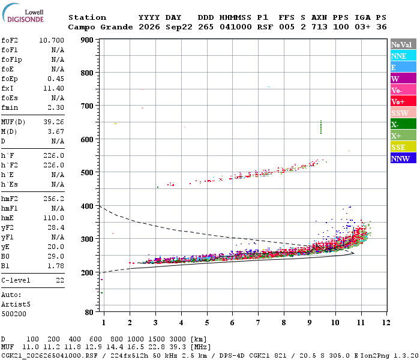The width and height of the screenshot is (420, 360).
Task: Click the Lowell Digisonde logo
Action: tap(23, 13)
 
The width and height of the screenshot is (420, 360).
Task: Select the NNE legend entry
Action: tap(403, 55)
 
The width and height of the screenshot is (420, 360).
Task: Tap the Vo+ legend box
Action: tap(403, 101)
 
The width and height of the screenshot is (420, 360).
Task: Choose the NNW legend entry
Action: tap(403, 158)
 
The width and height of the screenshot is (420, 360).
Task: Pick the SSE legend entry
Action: tap(403, 147)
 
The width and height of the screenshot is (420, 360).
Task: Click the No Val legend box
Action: tap(403, 44)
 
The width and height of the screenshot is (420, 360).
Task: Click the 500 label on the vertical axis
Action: tap(87, 173)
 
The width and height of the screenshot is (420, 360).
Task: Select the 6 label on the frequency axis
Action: tap(232, 323)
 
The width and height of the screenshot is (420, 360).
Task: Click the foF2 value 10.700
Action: tap(52, 40)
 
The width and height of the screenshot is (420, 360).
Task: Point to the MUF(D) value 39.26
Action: tap(53, 122)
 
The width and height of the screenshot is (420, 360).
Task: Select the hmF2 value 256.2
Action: tap(53, 199)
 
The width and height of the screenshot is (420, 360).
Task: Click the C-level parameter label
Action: tap(16, 280)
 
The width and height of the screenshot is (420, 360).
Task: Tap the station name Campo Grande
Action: tap(100, 27)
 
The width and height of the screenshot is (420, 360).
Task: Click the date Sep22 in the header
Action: tap(179, 27)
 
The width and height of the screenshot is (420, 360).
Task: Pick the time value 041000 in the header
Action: tap(236, 27)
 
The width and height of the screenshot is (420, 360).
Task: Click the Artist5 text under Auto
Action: tap(16, 305)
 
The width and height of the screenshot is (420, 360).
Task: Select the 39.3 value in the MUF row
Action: tap(178, 347)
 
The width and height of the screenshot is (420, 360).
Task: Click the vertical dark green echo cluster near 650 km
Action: tap(321, 127)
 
